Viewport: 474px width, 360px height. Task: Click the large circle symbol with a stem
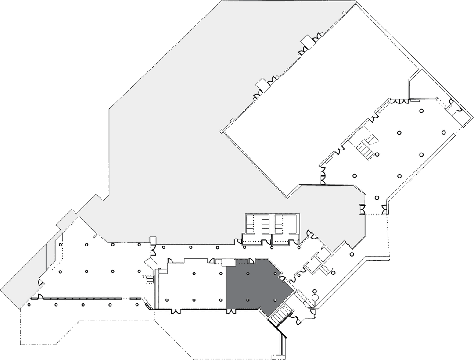point(315,299)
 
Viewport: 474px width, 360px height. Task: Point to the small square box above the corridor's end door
point(153,239)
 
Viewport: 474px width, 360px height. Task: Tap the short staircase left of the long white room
point(149,279)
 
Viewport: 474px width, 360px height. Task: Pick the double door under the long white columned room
point(176,311)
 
